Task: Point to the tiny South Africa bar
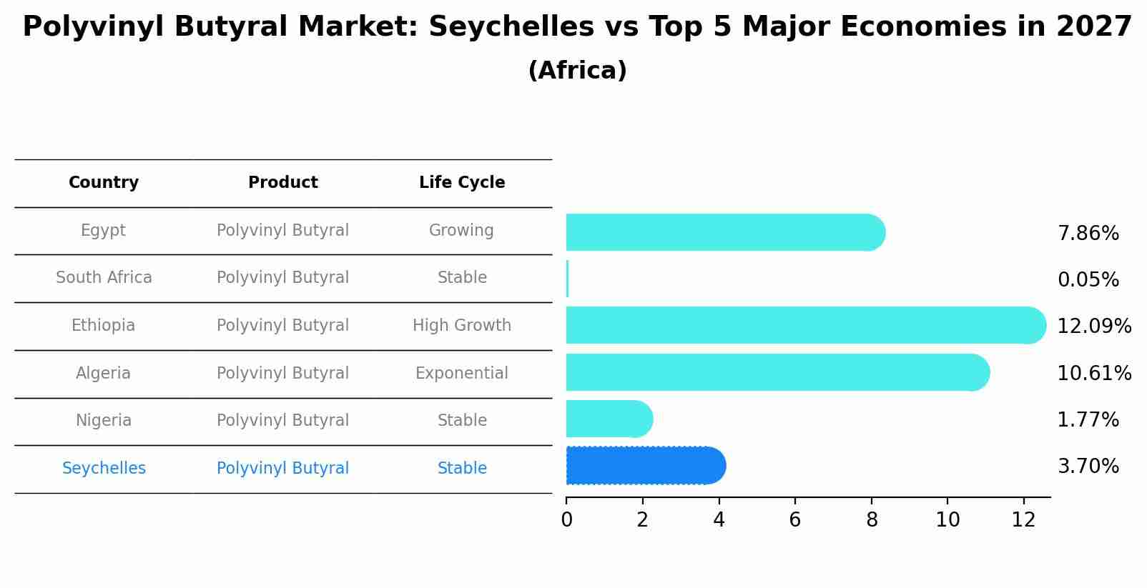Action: tap(567, 279)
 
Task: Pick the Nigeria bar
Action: tap(609, 419)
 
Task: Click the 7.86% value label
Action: tap(1088, 234)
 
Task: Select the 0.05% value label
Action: tap(1088, 280)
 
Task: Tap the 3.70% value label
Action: tap(1088, 467)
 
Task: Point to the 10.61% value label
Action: tap(1094, 374)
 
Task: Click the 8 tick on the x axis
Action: tap(872, 520)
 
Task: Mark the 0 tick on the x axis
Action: tap(566, 520)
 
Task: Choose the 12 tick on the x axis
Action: tap(1023, 520)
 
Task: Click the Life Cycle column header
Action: tap(462, 183)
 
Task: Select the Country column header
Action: tap(104, 183)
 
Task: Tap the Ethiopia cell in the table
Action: tap(103, 326)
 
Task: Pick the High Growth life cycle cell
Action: tap(462, 326)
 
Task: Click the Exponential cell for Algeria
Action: tap(462, 374)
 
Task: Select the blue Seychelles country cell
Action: tap(104, 469)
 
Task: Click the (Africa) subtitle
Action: tap(577, 71)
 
